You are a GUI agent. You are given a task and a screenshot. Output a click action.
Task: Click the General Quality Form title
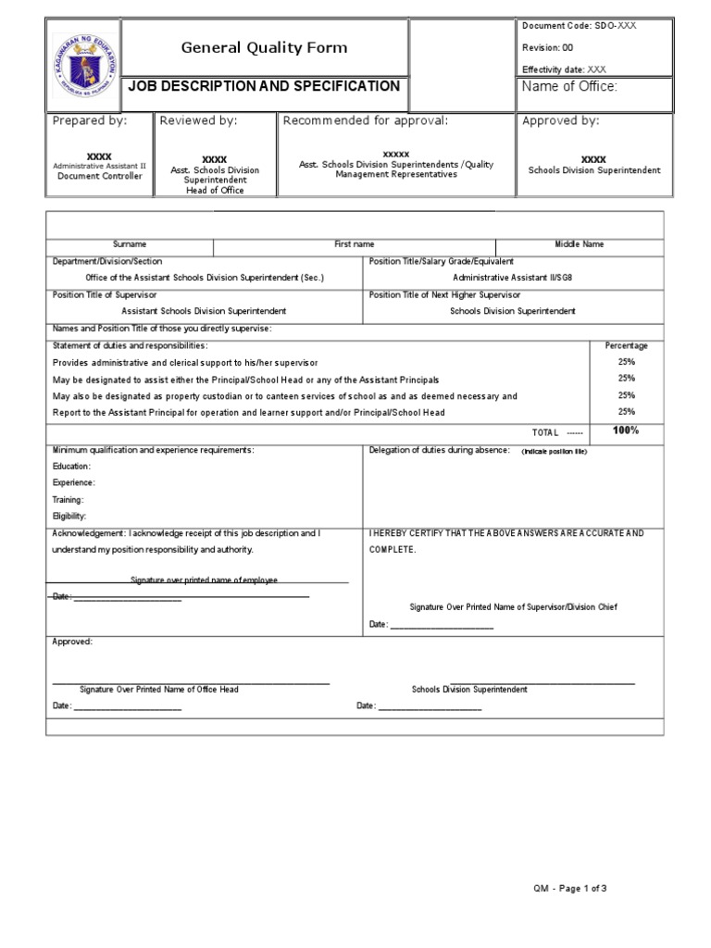tap(264, 47)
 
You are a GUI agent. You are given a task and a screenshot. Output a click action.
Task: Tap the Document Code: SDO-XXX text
tap(580, 25)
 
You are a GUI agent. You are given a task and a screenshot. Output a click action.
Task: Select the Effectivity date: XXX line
tap(565, 69)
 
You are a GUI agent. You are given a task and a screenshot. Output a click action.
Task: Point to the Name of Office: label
tap(569, 87)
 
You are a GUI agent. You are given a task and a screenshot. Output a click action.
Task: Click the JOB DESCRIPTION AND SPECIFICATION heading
tap(264, 86)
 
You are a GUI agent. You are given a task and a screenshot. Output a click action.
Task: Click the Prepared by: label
tap(90, 120)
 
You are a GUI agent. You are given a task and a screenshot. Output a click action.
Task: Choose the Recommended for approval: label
tap(365, 120)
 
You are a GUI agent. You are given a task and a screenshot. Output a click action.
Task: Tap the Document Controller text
tap(100, 176)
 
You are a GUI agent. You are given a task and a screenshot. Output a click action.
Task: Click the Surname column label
tap(130, 244)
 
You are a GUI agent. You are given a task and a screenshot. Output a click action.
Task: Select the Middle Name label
tap(579, 244)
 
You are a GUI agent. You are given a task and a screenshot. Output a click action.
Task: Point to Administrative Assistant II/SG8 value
tap(518, 277)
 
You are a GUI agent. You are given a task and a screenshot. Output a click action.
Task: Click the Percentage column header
tap(626, 345)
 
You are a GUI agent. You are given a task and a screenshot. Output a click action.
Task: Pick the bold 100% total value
tap(626, 430)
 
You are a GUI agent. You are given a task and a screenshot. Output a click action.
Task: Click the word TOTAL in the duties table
tap(545, 432)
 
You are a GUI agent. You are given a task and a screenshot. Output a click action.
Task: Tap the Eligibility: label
tap(69, 516)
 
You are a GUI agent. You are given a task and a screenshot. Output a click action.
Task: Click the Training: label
tap(69, 499)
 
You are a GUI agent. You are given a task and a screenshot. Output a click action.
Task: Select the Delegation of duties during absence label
tap(439, 450)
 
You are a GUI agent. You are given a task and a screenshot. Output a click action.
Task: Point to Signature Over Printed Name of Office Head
tap(158, 690)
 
